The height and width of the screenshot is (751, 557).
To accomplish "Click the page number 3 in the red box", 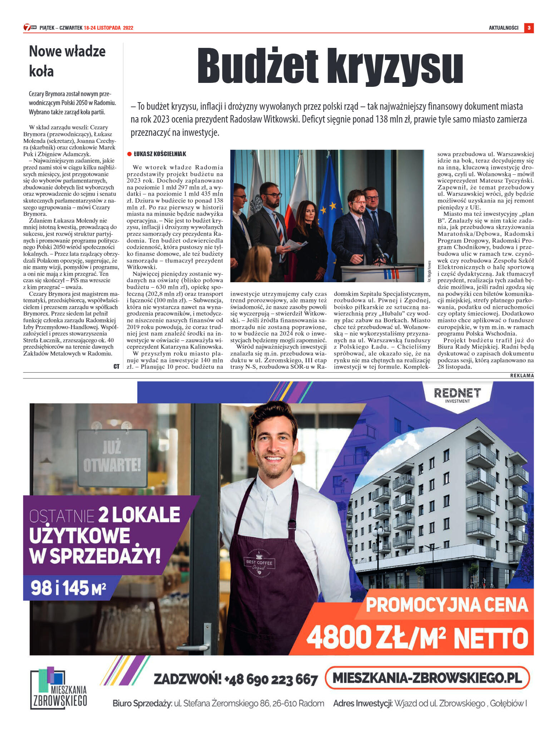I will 529,28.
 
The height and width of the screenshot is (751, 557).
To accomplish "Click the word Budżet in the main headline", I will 257,66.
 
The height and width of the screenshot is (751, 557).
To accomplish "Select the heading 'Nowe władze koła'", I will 67,61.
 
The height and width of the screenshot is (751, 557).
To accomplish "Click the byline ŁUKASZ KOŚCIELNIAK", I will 160,154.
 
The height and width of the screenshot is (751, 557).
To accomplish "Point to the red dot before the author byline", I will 129,154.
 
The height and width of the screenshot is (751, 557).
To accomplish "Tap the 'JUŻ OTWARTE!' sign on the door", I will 112,457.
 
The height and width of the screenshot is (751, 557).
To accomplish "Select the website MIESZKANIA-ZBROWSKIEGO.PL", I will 427,678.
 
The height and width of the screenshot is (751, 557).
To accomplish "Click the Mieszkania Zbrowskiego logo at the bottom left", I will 59,688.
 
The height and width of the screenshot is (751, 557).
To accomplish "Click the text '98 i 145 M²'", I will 68,588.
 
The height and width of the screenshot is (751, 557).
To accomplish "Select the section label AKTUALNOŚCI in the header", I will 503,28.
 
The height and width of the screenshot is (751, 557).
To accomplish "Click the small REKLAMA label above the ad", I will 522,375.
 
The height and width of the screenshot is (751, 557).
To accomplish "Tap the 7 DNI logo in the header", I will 30,28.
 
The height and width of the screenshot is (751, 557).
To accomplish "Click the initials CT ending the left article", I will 116,367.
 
